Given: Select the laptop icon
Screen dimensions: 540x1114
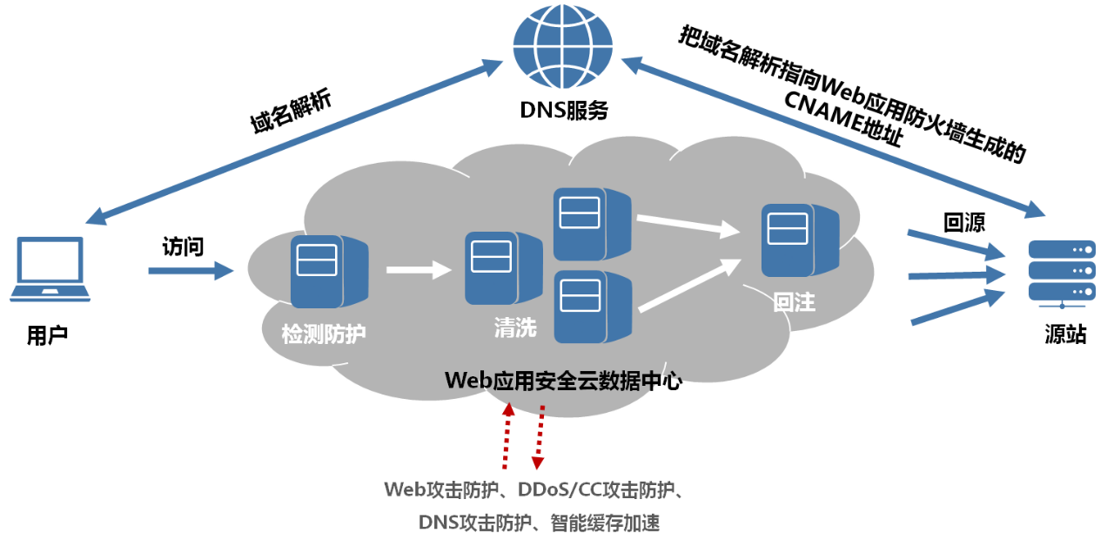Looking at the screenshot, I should click(50, 269).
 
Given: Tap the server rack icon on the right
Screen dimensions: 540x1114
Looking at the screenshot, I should click(1061, 272).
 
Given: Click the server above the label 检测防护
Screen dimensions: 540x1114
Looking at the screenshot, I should click(328, 271).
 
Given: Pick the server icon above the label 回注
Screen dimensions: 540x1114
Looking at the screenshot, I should click(799, 240).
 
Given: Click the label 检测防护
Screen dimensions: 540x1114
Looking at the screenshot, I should click(324, 334).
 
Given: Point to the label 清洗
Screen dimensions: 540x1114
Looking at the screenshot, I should click(515, 327).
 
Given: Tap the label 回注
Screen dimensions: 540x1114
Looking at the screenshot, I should click(794, 302).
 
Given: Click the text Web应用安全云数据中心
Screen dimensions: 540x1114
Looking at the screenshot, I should click(562, 381).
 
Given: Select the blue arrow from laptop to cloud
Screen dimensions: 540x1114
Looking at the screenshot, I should click(191, 271).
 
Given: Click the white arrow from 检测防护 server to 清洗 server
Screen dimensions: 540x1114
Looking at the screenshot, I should click(419, 270).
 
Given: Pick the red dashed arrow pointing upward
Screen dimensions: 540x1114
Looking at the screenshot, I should click(507, 435).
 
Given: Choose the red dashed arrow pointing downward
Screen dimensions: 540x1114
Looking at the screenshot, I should click(540, 439).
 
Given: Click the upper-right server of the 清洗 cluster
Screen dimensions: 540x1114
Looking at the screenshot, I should click(591, 224).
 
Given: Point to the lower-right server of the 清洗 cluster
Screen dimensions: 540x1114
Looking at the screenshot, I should click(592, 307).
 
